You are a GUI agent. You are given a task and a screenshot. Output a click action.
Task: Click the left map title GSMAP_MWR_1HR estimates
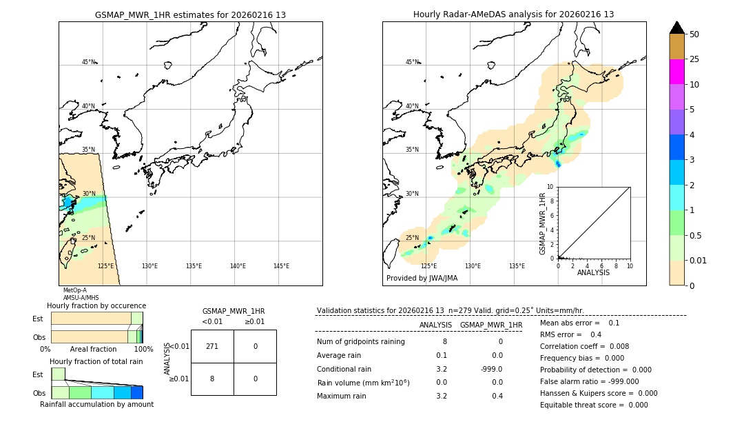click(190, 14)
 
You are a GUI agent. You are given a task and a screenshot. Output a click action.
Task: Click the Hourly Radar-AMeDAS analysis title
click(513, 14)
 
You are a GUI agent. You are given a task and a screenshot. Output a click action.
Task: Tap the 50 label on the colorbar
click(694, 34)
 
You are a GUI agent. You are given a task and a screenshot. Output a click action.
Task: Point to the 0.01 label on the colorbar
click(699, 260)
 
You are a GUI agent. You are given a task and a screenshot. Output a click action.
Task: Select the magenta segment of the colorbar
click(676, 72)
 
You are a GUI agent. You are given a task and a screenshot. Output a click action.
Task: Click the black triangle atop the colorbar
click(676, 28)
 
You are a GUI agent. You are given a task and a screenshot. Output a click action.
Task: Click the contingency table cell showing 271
click(212, 346)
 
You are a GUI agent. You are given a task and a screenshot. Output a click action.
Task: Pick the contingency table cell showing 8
click(212, 379)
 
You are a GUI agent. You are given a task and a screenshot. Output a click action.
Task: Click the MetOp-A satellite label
click(75, 290)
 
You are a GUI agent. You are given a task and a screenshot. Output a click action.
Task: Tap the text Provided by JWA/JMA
click(422, 279)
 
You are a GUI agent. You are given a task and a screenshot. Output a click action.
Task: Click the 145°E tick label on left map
click(281, 266)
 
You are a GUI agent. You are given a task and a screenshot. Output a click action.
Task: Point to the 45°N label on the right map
click(412, 62)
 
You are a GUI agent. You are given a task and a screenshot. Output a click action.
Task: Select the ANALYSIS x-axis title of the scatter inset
click(593, 273)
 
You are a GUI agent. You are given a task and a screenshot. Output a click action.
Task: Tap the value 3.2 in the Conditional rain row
click(441, 369)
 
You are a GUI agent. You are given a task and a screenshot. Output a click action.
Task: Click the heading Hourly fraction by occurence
click(96, 305)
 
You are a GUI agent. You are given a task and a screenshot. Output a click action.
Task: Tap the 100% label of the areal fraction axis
click(143, 350)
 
